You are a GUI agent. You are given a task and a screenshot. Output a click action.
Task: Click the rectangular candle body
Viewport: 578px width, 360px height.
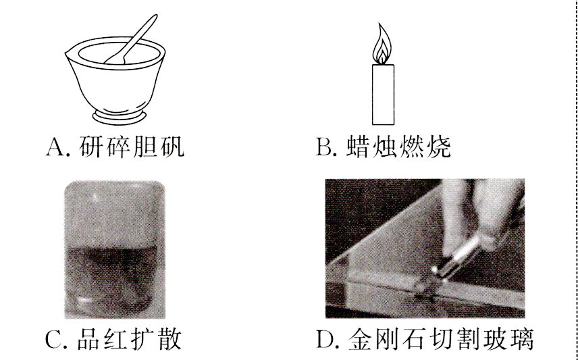383,94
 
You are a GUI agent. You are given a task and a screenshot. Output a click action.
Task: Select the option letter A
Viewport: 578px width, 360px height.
55,147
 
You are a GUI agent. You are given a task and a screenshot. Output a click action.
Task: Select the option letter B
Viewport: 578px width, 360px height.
323,147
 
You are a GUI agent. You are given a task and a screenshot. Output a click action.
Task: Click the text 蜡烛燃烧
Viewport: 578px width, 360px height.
398,147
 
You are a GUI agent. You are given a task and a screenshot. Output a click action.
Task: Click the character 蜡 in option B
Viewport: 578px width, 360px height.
359,147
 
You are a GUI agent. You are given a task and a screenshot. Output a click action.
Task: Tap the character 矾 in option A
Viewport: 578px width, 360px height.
170,147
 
